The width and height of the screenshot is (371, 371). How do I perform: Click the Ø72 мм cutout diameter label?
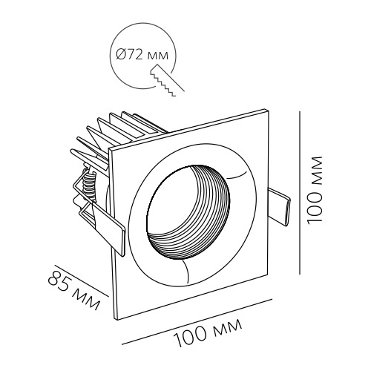click(142, 56)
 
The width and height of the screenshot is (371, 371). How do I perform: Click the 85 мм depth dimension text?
click(74, 291)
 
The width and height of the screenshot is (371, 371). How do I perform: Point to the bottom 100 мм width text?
click(208, 333)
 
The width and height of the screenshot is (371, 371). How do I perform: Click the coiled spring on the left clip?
click(88, 184)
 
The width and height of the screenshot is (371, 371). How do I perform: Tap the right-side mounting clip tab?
click(280, 207)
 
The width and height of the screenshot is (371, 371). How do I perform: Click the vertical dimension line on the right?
click(300, 193)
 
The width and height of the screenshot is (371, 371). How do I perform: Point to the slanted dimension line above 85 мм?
click(82, 280)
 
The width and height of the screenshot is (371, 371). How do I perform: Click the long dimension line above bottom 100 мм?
click(197, 322)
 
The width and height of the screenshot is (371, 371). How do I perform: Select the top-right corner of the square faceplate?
click(268, 109)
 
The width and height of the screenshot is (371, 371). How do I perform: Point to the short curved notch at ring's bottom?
click(187, 271)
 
